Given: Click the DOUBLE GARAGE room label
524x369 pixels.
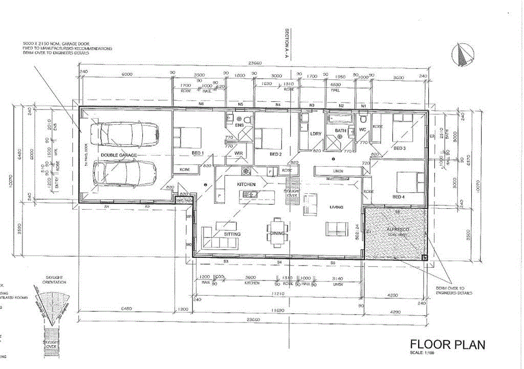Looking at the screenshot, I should pos(117,155).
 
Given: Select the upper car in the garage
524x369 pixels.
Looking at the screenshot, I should pos(122,134).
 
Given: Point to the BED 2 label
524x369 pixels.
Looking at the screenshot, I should pos(276,154).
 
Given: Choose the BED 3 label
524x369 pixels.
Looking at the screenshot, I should pos(400,148).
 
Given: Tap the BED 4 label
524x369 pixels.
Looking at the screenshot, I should pos(400,197).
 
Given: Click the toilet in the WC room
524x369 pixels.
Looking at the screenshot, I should pos(363,119).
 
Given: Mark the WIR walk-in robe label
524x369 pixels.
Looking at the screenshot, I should pos(238,153).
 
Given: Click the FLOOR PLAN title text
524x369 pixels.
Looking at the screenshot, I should pos(447,345).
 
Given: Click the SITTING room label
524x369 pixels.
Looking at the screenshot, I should pos(232,234).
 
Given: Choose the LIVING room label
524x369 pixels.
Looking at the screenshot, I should pos(336,207).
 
